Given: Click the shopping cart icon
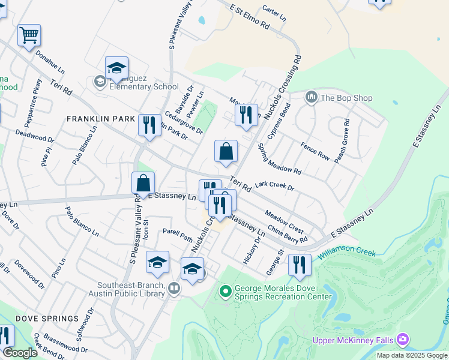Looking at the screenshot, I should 29,36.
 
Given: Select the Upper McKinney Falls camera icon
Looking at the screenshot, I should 402,340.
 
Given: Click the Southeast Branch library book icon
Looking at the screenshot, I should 173,289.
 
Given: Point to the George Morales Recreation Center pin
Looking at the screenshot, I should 226,292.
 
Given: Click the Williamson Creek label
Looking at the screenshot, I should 346,254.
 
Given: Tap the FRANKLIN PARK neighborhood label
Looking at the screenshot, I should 100,119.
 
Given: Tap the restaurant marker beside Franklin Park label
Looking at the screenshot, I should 148,125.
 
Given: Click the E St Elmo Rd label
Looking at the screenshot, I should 250,17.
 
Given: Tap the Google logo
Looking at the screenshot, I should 20,353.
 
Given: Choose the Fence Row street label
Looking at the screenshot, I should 315,151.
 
